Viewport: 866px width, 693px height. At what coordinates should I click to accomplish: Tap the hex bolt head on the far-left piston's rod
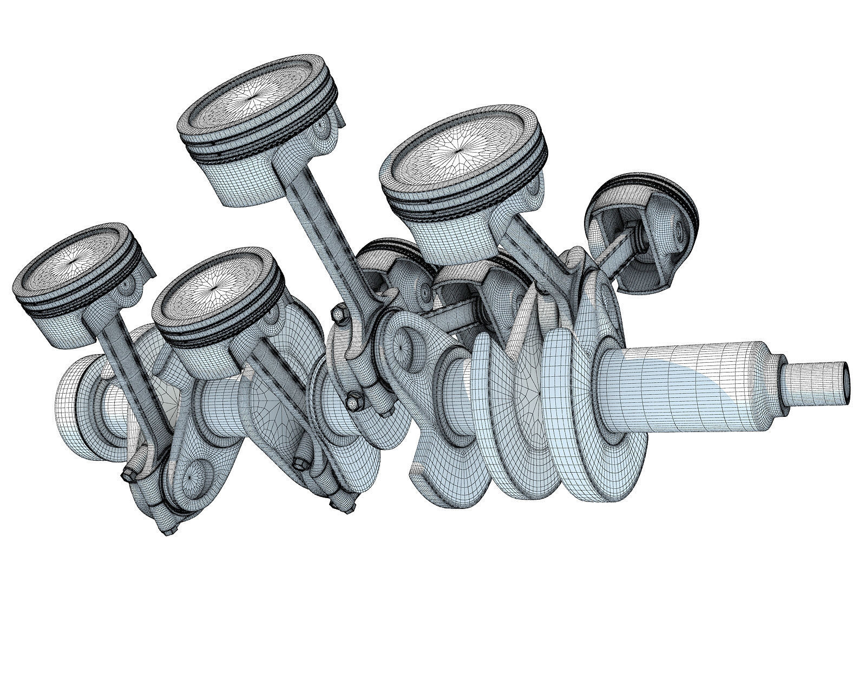coord(128,475)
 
